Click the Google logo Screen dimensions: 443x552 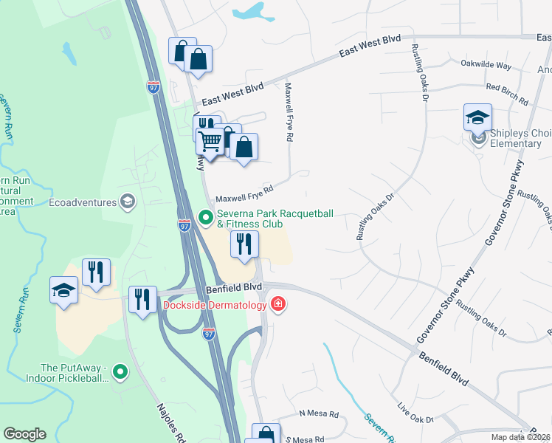[x=24, y=434]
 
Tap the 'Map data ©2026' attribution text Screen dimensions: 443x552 [x=521, y=436]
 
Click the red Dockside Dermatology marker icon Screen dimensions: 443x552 [x=277, y=304]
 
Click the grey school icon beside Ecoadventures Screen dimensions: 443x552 [x=128, y=202]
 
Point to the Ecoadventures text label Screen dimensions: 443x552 [x=83, y=202]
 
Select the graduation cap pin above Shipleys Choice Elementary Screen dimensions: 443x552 [x=477, y=117]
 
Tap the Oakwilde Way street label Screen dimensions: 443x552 [x=486, y=66]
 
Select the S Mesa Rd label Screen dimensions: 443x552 [x=304, y=439]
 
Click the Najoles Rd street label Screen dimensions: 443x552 [x=171, y=421]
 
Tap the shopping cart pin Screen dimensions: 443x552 [x=211, y=141]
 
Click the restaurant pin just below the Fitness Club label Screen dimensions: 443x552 [x=244, y=244]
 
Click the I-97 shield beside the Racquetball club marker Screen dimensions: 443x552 [x=185, y=225]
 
